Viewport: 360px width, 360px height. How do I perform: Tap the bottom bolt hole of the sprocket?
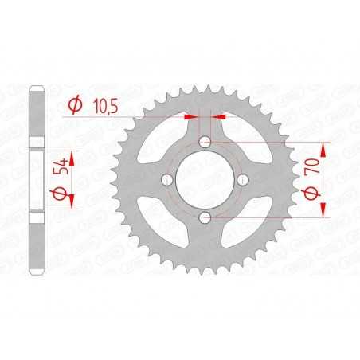coord(205,217)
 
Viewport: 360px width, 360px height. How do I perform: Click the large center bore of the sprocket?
coord(205,179)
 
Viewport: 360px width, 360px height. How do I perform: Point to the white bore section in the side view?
coord(35,179)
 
